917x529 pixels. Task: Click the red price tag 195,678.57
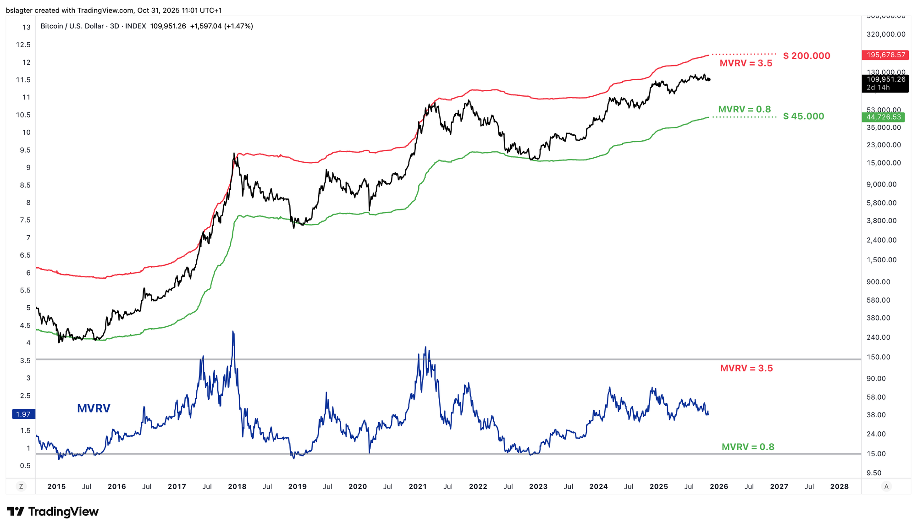(886, 55)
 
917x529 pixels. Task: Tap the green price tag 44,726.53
(884, 117)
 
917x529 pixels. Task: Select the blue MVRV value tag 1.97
(23, 414)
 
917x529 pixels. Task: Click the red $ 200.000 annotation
(807, 56)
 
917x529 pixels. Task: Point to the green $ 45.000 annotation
(803, 116)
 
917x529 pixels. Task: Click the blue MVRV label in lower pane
(94, 408)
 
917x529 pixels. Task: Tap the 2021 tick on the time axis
(418, 486)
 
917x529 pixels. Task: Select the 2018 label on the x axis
(237, 486)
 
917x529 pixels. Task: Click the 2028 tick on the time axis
(839, 486)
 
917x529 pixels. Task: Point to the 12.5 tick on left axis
(23, 44)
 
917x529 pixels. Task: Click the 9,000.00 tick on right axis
(881, 184)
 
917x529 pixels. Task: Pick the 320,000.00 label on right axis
(886, 34)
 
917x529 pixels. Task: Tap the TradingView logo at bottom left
(53, 512)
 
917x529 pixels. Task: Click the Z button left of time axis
(21, 486)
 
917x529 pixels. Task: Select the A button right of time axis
(886, 486)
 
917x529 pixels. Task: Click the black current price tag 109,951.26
(886, 79)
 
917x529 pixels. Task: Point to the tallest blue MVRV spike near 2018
(233, 332)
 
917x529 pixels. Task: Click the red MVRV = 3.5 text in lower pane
(746, 368)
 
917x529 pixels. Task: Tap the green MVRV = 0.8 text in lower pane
(748, 447)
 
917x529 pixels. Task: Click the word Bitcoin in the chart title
(52, 26)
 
